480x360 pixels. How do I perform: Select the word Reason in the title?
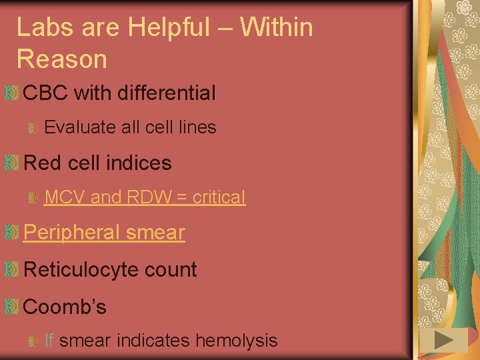[x=61, y=59]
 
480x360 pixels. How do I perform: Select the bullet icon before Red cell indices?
[x=11, y=163]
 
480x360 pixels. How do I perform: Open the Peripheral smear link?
[x=104, y=233]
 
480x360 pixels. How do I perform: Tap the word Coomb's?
[x=65, y=307]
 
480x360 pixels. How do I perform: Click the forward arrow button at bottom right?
[x=443, y=341]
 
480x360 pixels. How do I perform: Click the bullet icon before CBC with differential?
[x=11, y=93]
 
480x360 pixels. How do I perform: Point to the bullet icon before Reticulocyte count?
[x=11, y=270]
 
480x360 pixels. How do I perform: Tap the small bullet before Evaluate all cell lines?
[x=33, y=128]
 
